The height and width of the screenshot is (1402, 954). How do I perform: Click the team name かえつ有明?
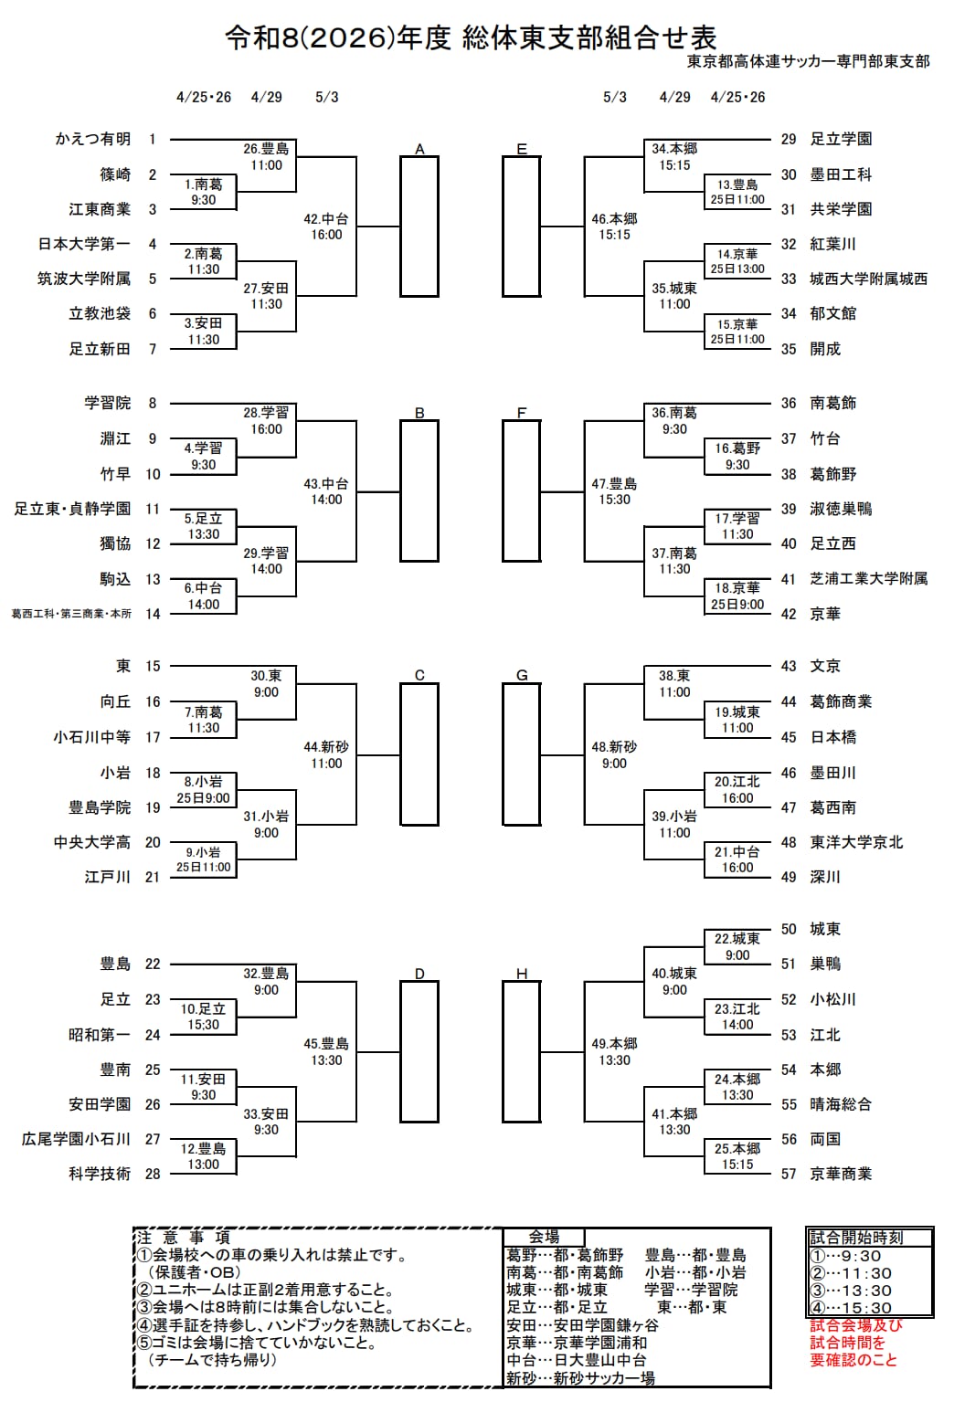click(x=92, y=139)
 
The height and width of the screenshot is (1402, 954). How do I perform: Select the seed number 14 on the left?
click(x=153, y=614)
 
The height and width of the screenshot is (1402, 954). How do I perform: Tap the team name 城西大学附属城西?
click(x=868, y=279)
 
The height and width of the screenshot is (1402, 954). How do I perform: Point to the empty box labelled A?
click(x=419, y=227)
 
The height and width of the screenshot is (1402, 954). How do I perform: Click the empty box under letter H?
click(x=521, y=1051)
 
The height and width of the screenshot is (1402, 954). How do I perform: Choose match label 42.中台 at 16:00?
click(x=326, y=227)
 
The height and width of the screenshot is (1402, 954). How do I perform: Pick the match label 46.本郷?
click(x=614, y=227)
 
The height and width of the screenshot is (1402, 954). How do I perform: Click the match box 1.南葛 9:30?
click(x=204, y=192)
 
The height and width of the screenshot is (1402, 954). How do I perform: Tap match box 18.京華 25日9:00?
click(x=737, y=596)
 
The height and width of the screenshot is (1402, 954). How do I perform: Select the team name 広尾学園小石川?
click(x=77, y=1139)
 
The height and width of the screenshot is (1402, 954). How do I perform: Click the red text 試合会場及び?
click(x=855, y=1325)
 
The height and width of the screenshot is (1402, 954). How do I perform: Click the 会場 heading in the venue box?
click(x=544, y=1237)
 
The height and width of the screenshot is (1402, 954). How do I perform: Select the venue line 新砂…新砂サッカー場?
click(x=580, y=1378)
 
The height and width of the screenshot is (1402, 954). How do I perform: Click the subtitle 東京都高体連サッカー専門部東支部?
click(x=808, y=61)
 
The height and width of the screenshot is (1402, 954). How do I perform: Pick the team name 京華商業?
click(x=841, y=1174)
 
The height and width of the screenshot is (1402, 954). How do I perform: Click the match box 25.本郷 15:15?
click(x=737, y=1156)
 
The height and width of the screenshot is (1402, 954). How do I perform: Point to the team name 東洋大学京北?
click(x=856, y=842)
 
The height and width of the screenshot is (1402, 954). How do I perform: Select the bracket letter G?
click(x=522, y=675)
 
